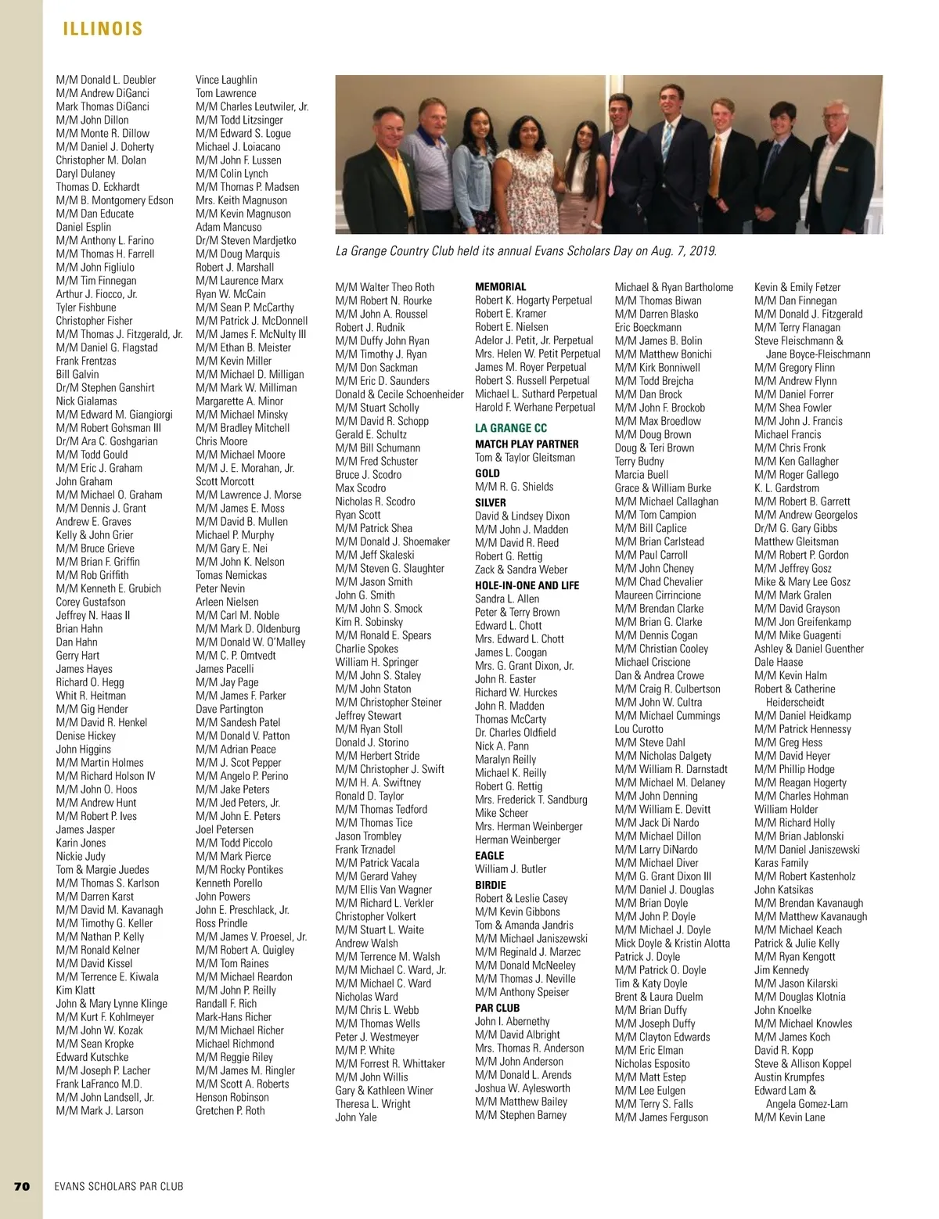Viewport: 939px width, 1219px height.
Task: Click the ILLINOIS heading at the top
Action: pyautogui.click(x=103, y=30)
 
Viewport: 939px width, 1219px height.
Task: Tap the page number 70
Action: pyautogui.click(x=22, y=1186)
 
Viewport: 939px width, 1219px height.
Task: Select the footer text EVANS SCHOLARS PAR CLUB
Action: pyautogui.click(x=119, y=1186)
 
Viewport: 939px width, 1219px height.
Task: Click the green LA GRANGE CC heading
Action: pyautogui.click(x=511, y=428)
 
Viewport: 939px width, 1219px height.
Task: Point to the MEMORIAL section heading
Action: pyautogui.click(x=501, y=287)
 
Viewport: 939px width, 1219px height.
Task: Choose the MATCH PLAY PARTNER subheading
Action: pyautogui.click(x=527, y=444)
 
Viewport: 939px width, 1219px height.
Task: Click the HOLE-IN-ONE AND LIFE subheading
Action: pyautogui.click(x=527, y=585)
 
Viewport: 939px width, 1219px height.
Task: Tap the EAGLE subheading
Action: pyautogui.click(x=490, y=855)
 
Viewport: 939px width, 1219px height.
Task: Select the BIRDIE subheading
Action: pyautogui.click(x=491, y=885)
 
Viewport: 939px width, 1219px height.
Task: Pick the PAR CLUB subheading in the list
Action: pyautogui.click(x=497, y=1008)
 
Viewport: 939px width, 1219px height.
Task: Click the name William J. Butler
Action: pyautogui.click(x=510, y=869)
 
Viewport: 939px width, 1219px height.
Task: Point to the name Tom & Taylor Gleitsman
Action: pyautogui.click(x=524, y=458)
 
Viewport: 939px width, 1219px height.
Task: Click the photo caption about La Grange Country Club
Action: pyautogui.click(x=526, y=252)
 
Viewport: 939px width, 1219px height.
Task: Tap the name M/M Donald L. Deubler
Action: pyautogui.click(x=106, y=80)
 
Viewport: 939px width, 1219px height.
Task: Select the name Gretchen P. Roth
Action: pyautogui.click(x=230, y=1111)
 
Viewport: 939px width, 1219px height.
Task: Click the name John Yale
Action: pyautogui.click(x=356, y=1117)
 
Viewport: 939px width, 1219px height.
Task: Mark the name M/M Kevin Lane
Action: pyautogui.click(x=790, y=1117)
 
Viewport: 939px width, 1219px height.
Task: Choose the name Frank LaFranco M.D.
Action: pyautogui.click(x=99, y=1084)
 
